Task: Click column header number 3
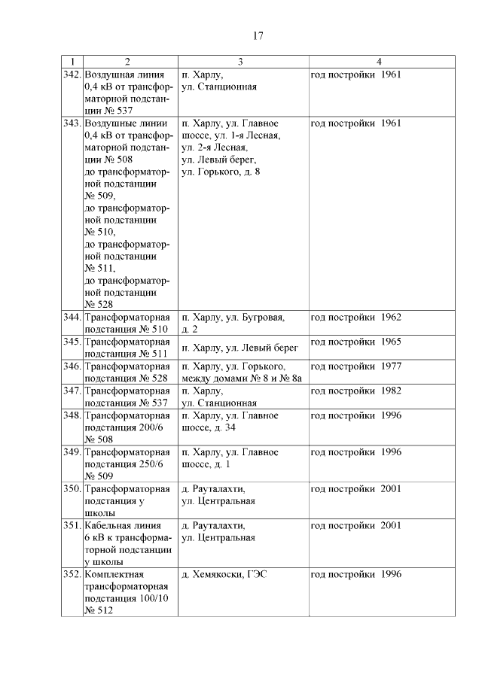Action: point(239,61)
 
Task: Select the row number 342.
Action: point(72,74)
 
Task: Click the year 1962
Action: point(390,317)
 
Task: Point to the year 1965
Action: point(390,342)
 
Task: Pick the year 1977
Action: point(390,366)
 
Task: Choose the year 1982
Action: point(390,391)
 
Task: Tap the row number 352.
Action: point(72,574)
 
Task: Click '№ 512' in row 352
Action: point(98,611)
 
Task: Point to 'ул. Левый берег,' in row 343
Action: point(218,160)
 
